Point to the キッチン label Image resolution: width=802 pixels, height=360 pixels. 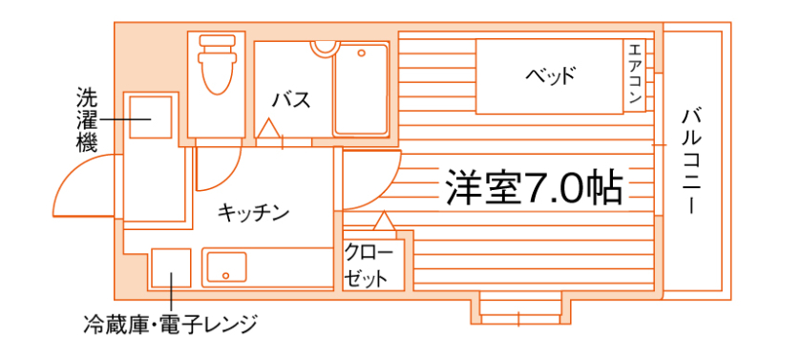click(253, 212)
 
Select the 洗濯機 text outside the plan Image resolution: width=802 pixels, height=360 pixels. click(87, 120)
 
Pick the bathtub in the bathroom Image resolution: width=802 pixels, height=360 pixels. click(361, 88)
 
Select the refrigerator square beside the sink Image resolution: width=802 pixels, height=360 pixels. click(171, 267)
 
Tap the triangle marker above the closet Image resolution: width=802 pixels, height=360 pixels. click(384, 222)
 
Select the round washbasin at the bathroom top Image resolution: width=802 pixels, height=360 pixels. click(325, 45)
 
